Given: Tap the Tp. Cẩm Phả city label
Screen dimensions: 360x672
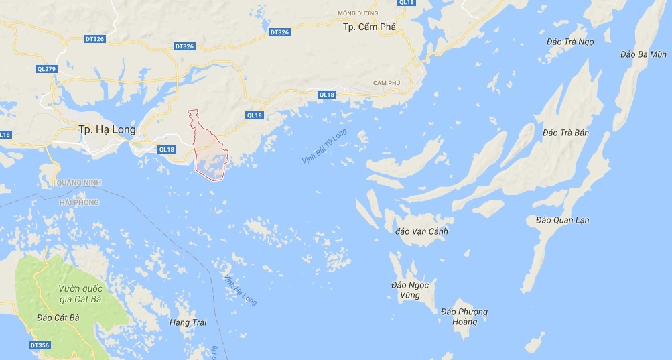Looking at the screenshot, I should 369,27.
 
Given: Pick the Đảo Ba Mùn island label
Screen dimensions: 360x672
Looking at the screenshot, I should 643,54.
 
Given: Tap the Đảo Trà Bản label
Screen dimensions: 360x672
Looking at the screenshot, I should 566,133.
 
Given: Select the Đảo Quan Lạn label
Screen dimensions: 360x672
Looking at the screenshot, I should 563,220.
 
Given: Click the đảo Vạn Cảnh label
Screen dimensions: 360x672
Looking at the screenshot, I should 421,231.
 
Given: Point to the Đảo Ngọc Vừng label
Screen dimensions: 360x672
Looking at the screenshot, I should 410,290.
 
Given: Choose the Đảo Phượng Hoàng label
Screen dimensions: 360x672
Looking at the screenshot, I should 464,316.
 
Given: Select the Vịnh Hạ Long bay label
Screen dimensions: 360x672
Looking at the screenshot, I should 241,290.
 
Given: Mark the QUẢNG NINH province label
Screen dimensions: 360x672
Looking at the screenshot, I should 78,182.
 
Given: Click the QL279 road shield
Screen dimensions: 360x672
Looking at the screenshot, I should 46,69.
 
